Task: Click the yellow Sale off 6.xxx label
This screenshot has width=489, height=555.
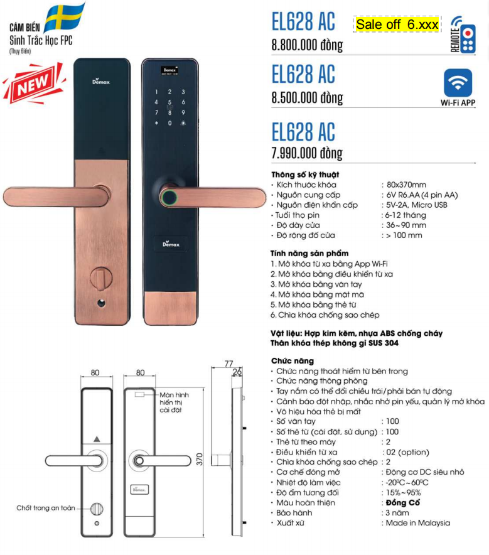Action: (397, 24)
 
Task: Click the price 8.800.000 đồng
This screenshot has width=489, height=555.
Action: (307, 45)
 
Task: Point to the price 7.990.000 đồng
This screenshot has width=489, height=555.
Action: (307, 153)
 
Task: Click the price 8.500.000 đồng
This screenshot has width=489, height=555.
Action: (307, 98)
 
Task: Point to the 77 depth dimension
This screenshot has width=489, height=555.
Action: (228, 364)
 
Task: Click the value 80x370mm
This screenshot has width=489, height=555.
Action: (406, 185)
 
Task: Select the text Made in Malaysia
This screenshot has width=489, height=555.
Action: (417, 522)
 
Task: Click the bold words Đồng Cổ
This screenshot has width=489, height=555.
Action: (402, 502)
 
